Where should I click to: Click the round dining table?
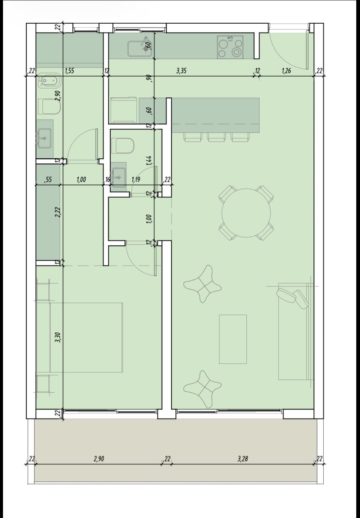tap(246, 213)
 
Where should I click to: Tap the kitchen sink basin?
tap(139, 49)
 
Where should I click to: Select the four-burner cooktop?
tap(230, 47)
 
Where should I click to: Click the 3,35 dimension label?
tap(181, 71)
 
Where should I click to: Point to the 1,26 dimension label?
tap(286, 71)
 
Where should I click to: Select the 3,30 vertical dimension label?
tap(58, 337)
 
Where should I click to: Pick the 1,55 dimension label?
tap(70, 71)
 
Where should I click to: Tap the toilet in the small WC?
tap(123, 146)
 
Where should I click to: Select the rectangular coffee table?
tap(232, 339)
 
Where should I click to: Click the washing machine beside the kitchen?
tap(124, 110)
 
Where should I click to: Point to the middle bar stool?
tap(216, 137)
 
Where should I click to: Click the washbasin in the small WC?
tap(118, 177)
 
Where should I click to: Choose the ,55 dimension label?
tap(48, 179)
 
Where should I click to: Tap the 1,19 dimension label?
tap(136, 179)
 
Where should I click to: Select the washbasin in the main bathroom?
tap(44, 138)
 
